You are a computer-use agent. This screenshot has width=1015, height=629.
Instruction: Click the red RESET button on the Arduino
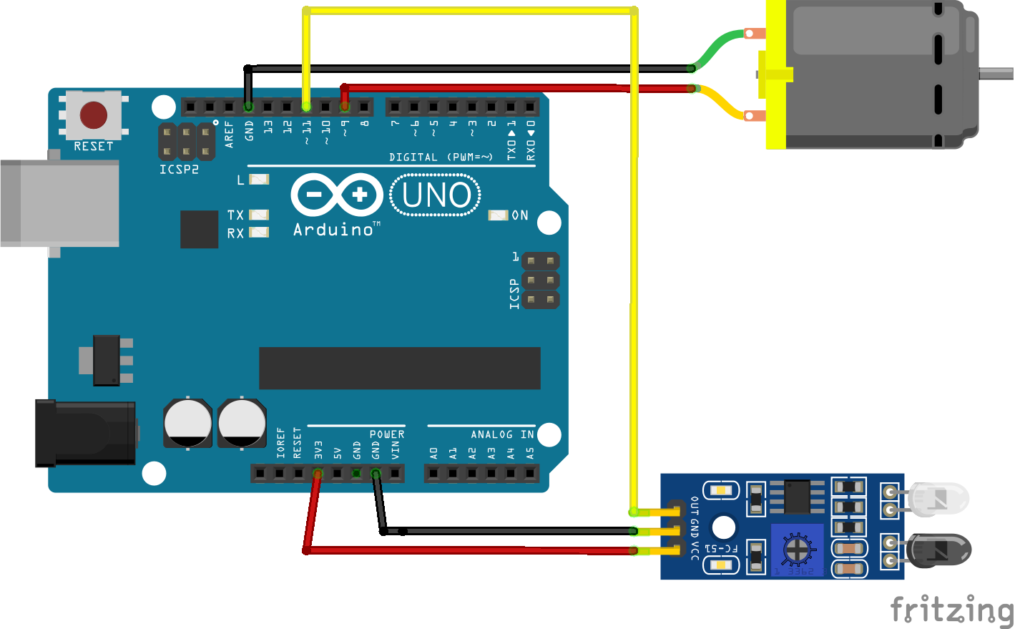tap(94, 114)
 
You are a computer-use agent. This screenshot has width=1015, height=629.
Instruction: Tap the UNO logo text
tap(436, 195)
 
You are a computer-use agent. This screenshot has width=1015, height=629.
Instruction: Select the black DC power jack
tap(85, 434)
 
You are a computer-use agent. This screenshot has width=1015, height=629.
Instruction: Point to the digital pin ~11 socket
tap(306, 107)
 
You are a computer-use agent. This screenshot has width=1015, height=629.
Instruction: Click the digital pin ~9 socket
tap(345, 107)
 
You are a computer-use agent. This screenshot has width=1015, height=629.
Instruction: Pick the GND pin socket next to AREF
tap(248, 107)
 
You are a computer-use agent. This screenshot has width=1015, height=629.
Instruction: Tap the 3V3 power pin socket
tap(318, 473)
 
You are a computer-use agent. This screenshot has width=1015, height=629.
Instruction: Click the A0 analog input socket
tap(433, 473)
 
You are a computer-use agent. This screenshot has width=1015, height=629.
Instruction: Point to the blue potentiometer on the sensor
tap(795, 549)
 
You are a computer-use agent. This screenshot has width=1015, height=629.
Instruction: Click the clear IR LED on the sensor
tap(938, 499)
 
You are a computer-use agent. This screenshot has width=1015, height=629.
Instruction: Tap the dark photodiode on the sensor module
tap(938, 552)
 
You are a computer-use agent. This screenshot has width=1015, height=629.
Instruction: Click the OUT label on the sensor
tap(694, 506)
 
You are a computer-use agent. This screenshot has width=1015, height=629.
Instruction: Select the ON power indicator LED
tap(498, 215)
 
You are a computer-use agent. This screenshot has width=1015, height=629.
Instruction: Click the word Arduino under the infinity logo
tap(333, 230)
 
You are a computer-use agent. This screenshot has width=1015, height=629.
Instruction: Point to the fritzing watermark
tap(951, 610)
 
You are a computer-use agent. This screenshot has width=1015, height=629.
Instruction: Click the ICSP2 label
tap(179, 170)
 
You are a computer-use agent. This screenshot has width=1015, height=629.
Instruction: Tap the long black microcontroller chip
tap(399, 368)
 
